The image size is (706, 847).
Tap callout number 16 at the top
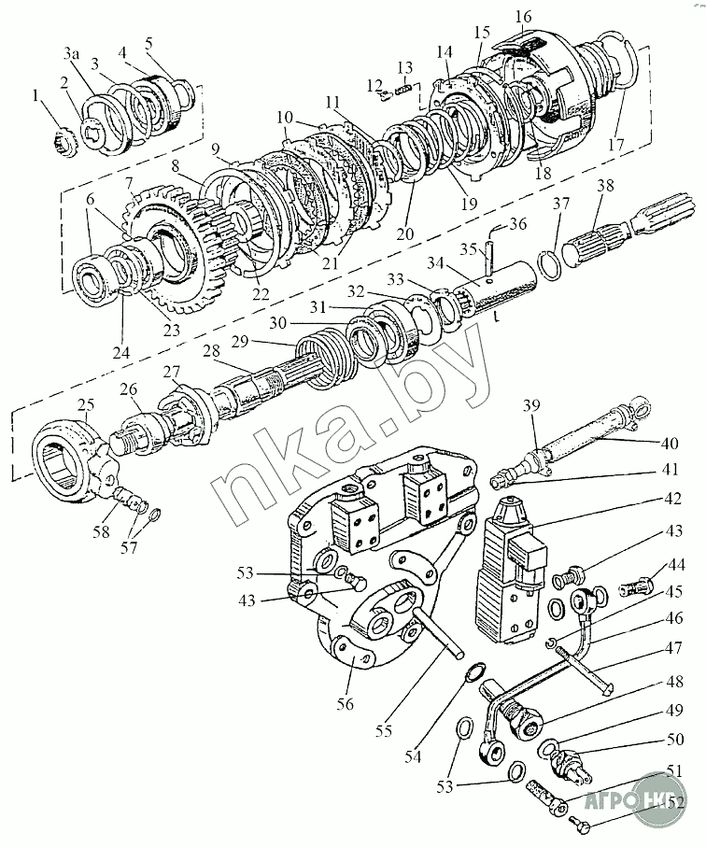point(522,16)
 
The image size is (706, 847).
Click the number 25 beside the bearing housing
point(86,405)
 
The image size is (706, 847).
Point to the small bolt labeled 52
point(578,823)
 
